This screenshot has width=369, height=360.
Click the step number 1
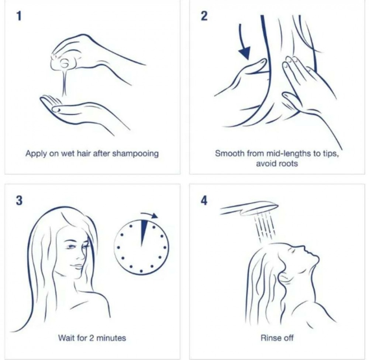pos(19,16)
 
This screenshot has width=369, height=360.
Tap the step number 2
pos(204,16)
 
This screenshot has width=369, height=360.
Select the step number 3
pos(19,200)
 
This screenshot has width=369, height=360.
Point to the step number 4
pos(204,200)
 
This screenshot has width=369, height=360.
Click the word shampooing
pos(135,154)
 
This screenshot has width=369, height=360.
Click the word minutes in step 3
pos(111,338)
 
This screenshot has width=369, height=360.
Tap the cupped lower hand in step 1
pos(85,113)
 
